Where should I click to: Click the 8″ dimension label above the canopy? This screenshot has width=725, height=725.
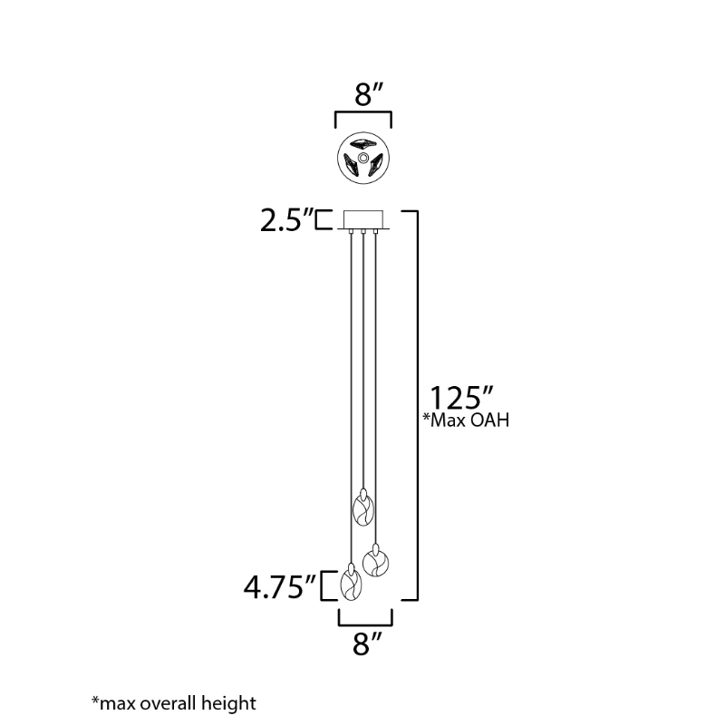pos(370,94)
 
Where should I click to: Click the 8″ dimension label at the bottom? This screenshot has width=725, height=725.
pos(368,643)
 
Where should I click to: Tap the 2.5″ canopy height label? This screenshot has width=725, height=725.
pos(286,220)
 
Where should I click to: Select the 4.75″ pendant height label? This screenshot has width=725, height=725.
pos(280,587)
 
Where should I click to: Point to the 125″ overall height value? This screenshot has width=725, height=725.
pos(462,398)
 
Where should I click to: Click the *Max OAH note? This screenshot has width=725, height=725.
pos(466,420)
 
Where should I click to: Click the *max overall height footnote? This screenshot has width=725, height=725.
pos(174,703)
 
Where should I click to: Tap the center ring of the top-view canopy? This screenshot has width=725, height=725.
pos(363,158)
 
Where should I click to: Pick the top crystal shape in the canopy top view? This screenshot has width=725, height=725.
pos(364,142)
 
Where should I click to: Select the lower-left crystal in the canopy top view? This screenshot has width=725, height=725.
pos(353,165)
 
